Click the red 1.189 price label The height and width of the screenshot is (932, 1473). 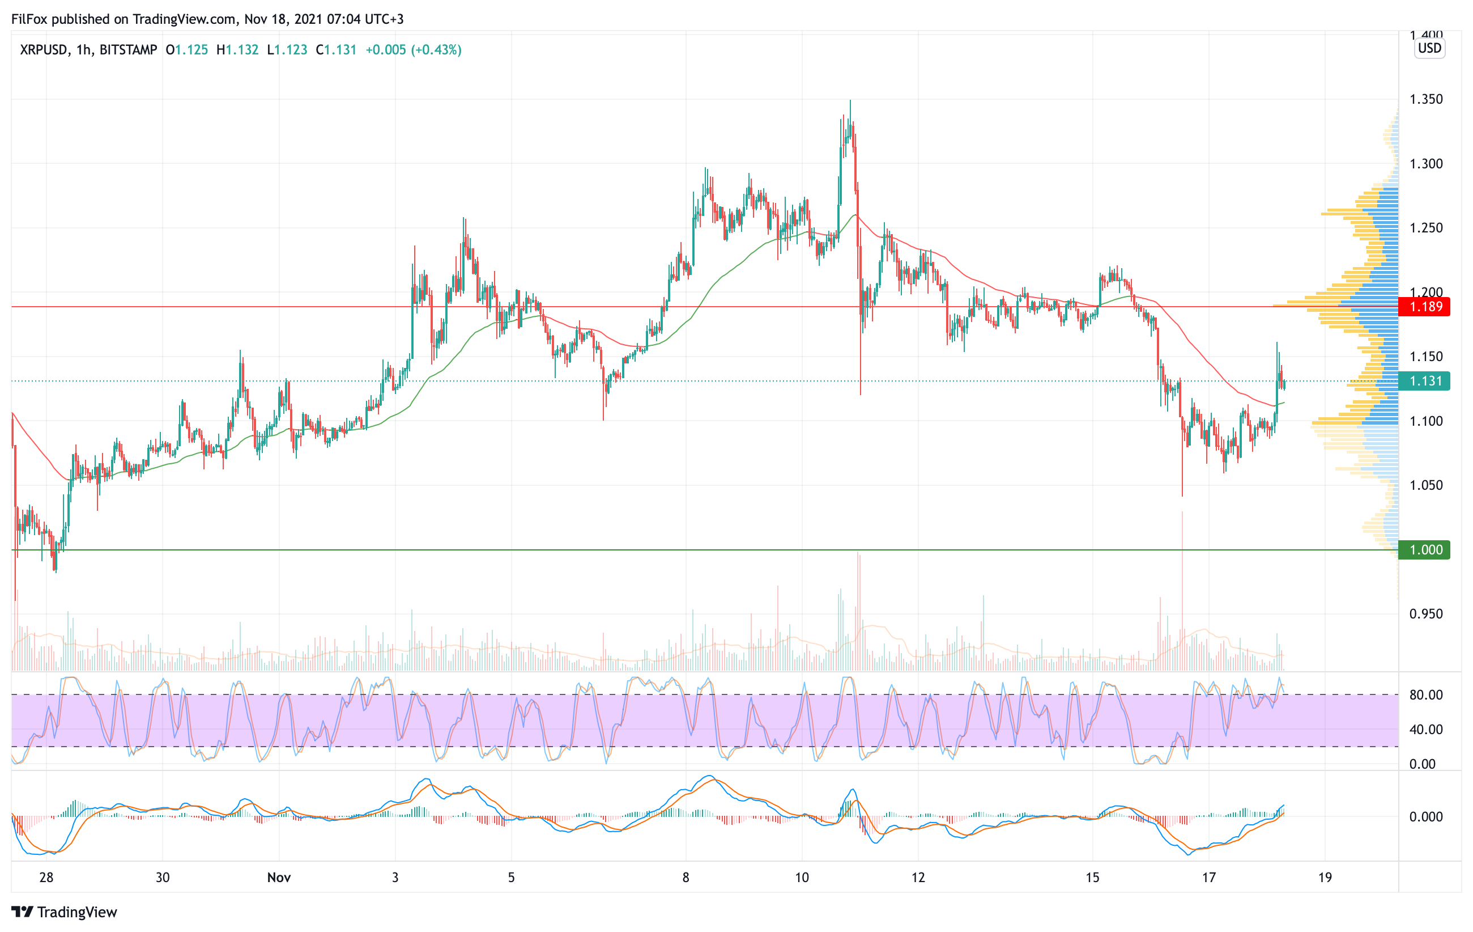[x=1425, y=307]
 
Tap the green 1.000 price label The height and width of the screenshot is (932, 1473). [x=1425, y=549]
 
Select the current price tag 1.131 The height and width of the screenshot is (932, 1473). [x=1425, y=381]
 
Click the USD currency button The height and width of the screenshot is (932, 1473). [x=1429, y=48]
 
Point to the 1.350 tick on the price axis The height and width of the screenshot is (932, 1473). [x=1426, y=99]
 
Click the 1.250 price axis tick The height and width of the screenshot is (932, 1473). [x=1426, y=228]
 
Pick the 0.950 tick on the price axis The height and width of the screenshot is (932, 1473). [x=1426, y=614]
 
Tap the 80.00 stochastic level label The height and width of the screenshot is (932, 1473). [x=1426, y=694]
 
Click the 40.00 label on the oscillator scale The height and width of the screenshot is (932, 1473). [x=1426, y=730]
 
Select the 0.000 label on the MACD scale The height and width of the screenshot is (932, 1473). [x=1426, y=816]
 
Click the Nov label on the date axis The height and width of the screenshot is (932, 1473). [x=279, y=878]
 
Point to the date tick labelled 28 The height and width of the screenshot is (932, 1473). [x=46, y=878]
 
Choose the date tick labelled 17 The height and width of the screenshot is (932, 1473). [x=1209, y=878]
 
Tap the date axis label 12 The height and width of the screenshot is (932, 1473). [x=918, y=878]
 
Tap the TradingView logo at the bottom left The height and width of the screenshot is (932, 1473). [x=64, y=912]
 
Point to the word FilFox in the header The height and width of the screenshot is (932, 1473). [x=29, y=19]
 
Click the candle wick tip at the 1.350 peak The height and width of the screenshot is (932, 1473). [x=850, y=100]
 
